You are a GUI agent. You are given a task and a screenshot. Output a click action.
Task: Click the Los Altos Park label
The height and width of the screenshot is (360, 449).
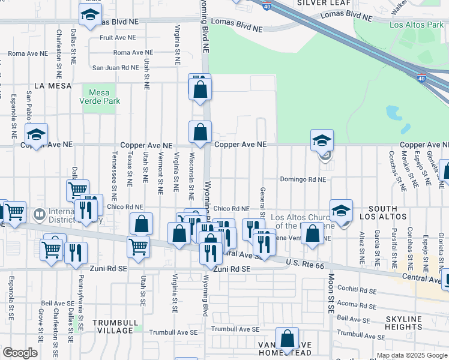[416, 25]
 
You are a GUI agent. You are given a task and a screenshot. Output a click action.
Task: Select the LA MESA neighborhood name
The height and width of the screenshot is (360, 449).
[49, 86]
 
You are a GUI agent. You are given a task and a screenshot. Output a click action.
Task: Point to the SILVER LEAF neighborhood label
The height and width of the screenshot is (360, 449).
[315, 3]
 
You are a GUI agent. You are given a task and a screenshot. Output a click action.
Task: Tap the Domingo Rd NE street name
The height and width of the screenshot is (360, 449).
[303, 179]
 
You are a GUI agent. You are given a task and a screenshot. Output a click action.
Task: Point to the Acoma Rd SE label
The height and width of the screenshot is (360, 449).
[357, 304]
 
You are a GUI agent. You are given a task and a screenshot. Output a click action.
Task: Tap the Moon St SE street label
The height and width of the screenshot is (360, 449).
[331, 293]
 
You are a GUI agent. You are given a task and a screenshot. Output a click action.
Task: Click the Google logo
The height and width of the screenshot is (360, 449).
[20, 353]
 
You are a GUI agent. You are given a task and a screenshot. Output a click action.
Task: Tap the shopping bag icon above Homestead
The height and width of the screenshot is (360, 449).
[288, 338]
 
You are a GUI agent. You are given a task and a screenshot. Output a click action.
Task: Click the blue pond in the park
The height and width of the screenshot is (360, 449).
[394, 112]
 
